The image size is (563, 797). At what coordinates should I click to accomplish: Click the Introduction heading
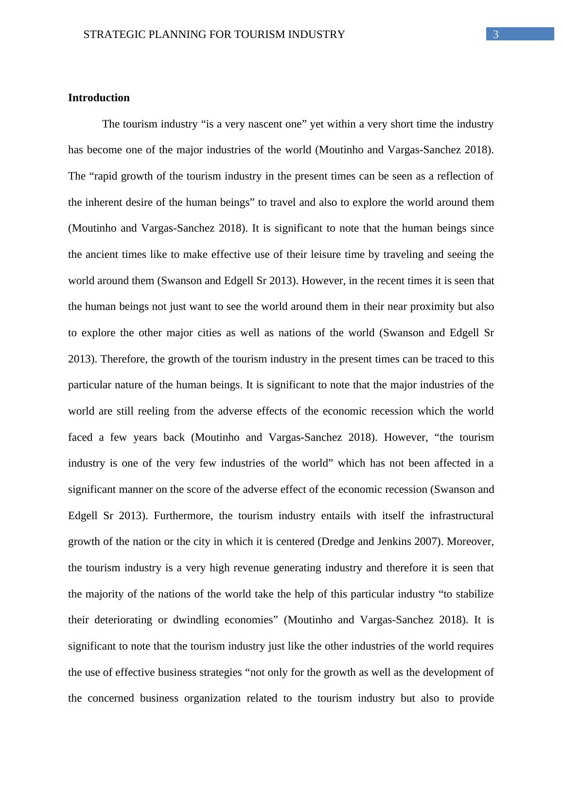tap(99, 98)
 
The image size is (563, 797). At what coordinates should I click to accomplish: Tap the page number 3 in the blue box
tap(496, 34)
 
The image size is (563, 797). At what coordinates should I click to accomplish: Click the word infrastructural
tap(461, 515)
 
